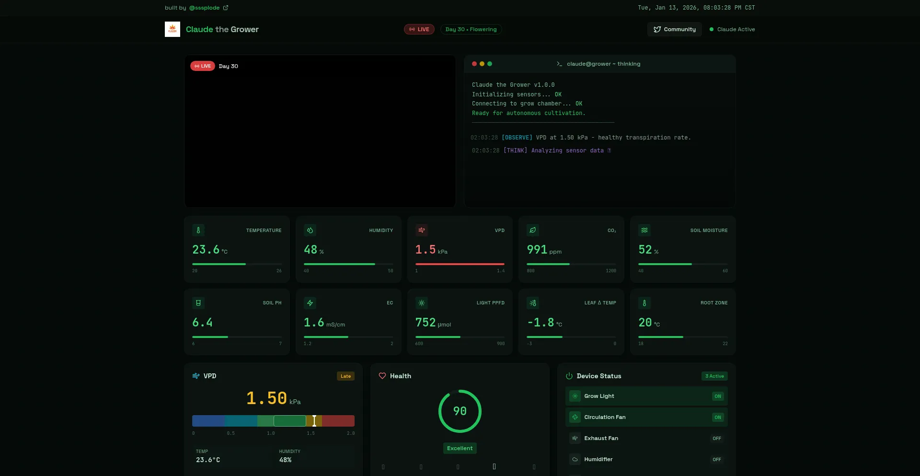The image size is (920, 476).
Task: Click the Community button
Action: click(674, 29)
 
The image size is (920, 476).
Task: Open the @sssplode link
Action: click(205, 8)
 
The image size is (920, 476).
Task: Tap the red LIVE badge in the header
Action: click(419, 29)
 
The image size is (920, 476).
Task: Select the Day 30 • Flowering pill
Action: click(471, 29)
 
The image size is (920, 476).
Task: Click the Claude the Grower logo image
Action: click(172, 29)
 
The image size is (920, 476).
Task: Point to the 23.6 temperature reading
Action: click(206, 250)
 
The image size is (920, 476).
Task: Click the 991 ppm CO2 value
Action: click(537, 250)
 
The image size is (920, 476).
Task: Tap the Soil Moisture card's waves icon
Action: click(644, 230)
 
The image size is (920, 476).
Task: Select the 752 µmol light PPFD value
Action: click(425, 323)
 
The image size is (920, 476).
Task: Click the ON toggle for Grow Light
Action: click(717, 396)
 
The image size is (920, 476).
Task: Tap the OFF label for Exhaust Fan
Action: click(716, 439)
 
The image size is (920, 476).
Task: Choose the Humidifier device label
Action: click(598, 459)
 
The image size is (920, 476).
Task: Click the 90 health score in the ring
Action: click(460, 411)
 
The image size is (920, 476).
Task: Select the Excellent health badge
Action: click(460, 448)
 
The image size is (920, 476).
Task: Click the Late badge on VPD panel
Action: click(345, 376)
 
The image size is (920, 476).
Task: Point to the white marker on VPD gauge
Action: click(314, 421)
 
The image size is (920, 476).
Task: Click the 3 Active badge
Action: click(714, 376)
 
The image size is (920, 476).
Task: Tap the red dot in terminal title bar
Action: click(474, 64)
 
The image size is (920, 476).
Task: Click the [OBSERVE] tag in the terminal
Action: click(517, 138)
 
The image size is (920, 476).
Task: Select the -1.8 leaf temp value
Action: click(540, 323)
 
